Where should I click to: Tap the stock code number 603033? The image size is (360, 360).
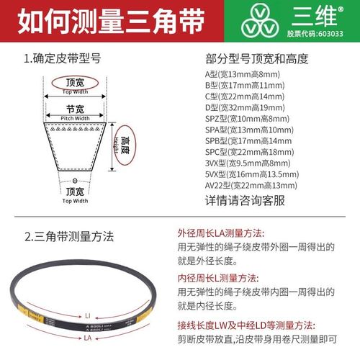click(x=341, y=32)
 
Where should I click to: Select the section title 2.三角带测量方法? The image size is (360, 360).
click(x=68, y=235)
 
